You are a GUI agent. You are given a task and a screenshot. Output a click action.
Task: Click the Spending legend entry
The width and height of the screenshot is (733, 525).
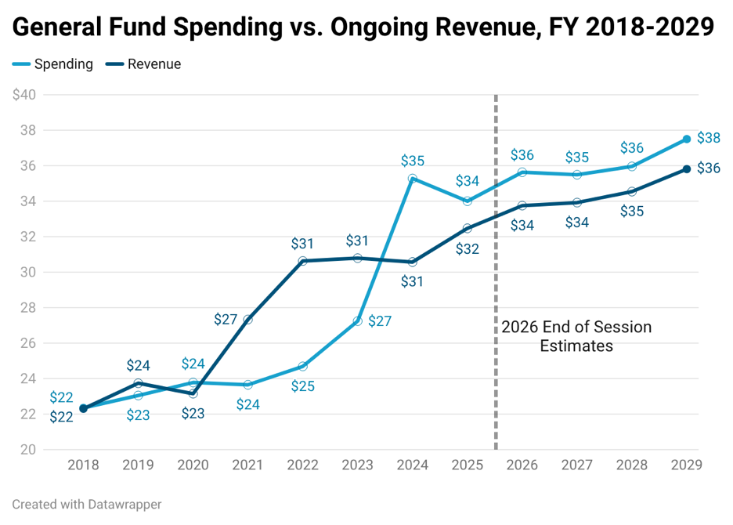(x=52, y=64)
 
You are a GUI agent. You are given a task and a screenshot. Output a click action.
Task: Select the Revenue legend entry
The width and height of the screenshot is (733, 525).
(x=143, y=64)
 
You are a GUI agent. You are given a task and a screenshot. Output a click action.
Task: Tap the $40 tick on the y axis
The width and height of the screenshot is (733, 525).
(x=24, y=95)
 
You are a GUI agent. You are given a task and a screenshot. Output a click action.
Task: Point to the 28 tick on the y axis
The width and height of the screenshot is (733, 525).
(x=28, y=308)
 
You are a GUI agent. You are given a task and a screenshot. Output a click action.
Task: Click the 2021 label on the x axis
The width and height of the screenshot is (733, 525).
(x=247, y=465)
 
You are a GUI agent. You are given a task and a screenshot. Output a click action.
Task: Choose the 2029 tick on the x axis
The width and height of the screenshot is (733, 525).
(x=687, y=465)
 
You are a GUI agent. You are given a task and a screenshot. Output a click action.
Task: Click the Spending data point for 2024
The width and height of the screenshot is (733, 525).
(x=412, y=179)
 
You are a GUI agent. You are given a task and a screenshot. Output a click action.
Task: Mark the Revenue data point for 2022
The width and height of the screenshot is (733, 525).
(x=302, y=261)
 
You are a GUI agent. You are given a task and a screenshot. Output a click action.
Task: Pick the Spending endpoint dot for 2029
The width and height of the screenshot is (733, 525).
(x=687, y=139)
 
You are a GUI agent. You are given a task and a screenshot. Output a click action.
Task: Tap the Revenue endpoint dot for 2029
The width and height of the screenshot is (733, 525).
(x=687, y=169)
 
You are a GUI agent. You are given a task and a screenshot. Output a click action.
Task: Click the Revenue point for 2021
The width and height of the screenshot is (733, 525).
(x=247, y=320)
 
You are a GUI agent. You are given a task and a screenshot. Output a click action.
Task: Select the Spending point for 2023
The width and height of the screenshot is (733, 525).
(x=358, y=321)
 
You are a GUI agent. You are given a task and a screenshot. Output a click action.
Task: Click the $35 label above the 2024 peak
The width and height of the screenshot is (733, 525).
(x=412, y=161)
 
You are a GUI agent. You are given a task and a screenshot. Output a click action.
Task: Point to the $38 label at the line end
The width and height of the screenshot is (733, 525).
(x=709, y=138)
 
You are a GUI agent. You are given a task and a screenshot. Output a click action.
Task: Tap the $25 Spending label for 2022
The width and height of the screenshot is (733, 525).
(x=302, y=386)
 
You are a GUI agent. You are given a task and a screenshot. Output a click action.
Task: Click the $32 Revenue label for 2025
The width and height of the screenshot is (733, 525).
(x=468, y=249)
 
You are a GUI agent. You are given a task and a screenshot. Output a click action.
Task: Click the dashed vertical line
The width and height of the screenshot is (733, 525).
(x=496, y=272)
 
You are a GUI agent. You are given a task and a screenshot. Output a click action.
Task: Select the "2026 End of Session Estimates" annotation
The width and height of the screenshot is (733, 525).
(x=576, y=336)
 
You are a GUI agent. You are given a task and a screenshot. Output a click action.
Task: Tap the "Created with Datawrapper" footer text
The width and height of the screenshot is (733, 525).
(x=87, y=505)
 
